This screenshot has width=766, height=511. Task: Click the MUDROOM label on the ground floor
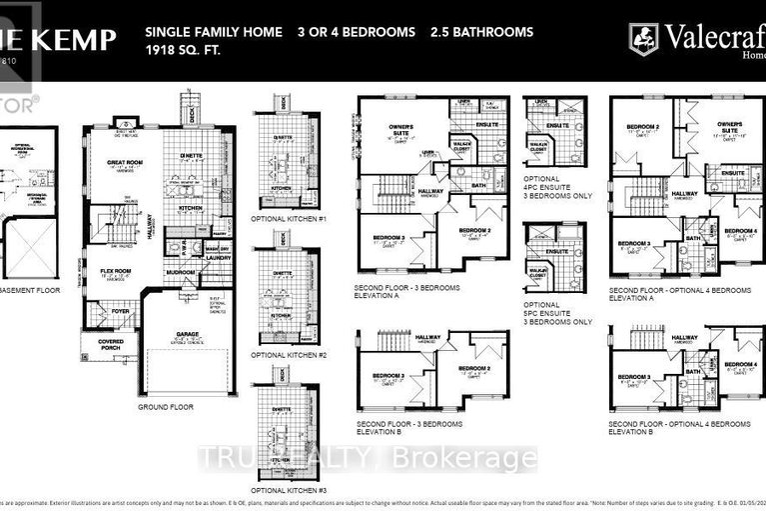point(181,270)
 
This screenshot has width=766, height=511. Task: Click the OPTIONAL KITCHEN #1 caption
point(289,218)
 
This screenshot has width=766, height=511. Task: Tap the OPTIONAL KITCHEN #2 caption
point(289,355)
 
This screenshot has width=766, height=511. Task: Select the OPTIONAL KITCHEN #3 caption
point(289,490)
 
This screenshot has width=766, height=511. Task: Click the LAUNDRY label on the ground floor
point(219,258)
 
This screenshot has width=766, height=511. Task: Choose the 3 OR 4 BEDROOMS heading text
point(356,32)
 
